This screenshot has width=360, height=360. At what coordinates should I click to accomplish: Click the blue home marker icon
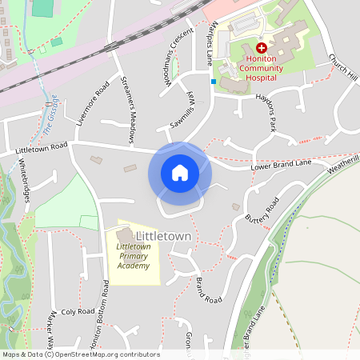(180, 173)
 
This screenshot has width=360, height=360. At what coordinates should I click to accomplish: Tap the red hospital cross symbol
(261, 48)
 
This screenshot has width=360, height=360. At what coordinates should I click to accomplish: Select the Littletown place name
(163, 237)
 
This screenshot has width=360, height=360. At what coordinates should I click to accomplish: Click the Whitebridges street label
(24, 179)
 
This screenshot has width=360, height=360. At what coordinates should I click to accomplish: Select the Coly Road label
(78, 311)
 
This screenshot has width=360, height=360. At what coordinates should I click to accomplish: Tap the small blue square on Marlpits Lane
(214, 81)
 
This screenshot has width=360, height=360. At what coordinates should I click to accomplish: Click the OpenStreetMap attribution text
(81, 354)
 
